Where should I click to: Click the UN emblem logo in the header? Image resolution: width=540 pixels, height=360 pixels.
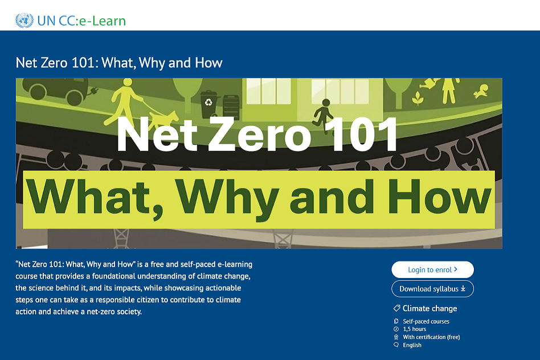[x=24, y=21]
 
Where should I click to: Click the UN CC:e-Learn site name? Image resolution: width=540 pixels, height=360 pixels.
[x=81, y=22]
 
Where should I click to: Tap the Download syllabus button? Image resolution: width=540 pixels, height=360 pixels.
[x=432, y=289]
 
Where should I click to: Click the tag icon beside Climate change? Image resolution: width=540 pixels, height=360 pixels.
[x=396, y=308]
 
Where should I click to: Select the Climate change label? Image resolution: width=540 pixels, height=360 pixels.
[x=429, y=308]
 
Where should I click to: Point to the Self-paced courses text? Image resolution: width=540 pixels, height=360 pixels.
[x=426, y=321]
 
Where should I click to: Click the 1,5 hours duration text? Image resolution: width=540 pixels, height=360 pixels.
[x=414, y=329]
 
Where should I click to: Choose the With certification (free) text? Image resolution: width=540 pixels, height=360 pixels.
[x=431, y=337]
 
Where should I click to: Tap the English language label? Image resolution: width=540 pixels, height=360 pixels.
[x=412, y=345]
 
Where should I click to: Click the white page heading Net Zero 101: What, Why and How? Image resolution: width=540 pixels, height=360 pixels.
[x=119, y=62]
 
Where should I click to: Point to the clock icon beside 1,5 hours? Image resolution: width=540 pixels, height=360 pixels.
[x=396, y=329]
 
